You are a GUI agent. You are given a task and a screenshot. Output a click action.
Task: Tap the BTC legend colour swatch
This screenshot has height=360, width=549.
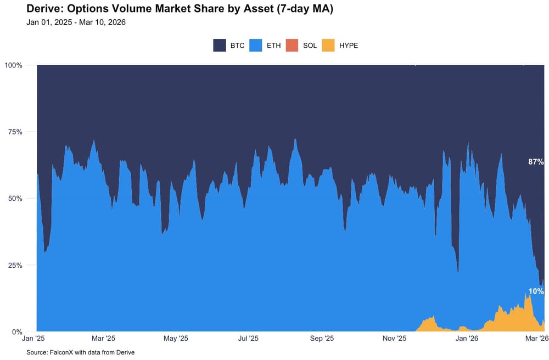point(220,46)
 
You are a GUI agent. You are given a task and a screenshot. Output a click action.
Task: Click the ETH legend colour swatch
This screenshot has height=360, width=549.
point(256,46)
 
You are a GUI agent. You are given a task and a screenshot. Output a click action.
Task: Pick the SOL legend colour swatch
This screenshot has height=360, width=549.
point(292,46)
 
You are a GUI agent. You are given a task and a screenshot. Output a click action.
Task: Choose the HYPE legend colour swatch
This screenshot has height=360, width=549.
point(328,46)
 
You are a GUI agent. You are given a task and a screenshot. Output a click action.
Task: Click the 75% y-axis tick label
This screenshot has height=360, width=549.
point(15,132)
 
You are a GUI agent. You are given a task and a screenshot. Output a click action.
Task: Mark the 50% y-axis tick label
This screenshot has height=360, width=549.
point(15,199)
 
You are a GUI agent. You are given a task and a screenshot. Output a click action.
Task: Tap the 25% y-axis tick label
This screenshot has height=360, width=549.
point(15,265)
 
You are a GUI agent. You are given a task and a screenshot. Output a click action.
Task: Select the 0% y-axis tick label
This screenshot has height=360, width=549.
point(17,332)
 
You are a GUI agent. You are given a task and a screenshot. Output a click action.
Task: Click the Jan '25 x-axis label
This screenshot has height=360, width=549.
point(37,339)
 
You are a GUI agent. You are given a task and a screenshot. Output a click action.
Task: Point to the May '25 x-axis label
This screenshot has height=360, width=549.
point(177,339)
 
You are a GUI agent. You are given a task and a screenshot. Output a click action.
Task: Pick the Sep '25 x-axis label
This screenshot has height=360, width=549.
point(322,339)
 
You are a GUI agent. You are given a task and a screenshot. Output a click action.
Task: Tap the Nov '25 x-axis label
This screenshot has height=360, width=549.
point(394,339)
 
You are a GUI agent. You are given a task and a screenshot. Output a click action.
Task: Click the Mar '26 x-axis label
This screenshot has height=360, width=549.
point(536,339)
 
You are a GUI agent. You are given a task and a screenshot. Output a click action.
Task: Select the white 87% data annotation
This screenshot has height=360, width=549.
point(536,162)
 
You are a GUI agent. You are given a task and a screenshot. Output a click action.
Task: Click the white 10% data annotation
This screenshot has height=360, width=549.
point(536,291)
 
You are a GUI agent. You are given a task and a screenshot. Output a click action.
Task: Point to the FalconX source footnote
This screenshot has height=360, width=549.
point(80,352)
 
